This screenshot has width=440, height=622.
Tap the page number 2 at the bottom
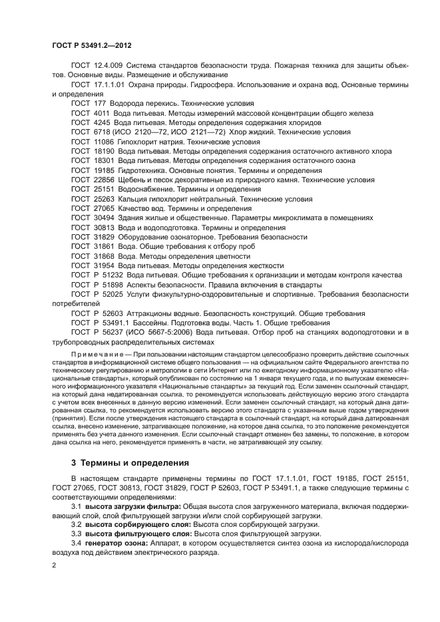coord(54,565)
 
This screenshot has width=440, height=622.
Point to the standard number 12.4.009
coord(107,65)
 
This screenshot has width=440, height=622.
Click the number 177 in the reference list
coord(101,104)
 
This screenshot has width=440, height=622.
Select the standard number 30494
coord(103,218)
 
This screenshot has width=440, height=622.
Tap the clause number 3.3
coord(77,534)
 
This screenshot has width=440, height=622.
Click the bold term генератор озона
coord(119,543)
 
